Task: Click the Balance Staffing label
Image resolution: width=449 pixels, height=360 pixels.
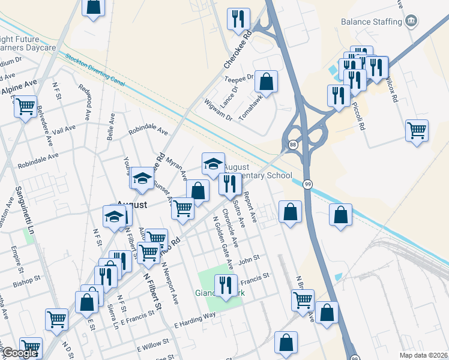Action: tap(371, 22)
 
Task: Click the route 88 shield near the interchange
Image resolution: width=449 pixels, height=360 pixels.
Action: tap(292, 145)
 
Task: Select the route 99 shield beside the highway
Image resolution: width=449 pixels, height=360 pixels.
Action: tap(307, 184)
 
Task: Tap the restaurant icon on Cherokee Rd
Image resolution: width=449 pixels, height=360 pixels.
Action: tap(238, 20)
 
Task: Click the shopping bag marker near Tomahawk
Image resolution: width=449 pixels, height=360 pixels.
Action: tap(266, 82)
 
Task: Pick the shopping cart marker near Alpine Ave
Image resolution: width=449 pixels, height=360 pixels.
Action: tap(25, 107)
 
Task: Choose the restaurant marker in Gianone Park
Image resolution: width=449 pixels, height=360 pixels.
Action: tap(226, 286)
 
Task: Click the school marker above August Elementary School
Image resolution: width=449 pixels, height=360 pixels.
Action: tap(212, 164)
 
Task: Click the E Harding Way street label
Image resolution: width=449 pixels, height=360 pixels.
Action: tap(194, 319)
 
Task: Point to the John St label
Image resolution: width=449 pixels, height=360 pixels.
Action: tap(248, 259)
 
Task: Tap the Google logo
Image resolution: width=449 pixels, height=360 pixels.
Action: tap(19, 353)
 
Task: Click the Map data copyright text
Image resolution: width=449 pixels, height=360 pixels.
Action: tap(423, 355)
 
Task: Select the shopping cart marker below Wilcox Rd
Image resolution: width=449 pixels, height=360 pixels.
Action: tap(417, 130)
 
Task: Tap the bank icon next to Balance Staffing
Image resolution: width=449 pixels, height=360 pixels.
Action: tap(412, 22)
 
